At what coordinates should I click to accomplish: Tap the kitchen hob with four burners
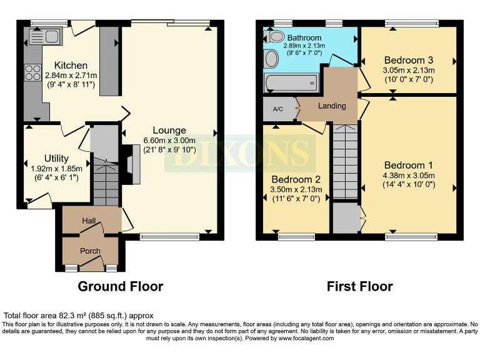[x=32, y=74]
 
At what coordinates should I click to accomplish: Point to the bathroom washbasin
[x=271, y=59]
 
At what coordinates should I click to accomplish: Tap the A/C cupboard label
[x=278, y=109]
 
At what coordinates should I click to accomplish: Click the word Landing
[x=332, y=106]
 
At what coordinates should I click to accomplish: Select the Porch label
[x=90, y=251]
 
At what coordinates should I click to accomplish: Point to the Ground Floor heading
[x=120, y=287]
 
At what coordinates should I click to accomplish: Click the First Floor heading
[x=359, y=287]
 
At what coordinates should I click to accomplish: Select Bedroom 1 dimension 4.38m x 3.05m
[x=409, y=176]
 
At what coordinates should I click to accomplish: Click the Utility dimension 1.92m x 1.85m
[x=56, y=168]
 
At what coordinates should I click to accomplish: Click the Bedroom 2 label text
[x=296, y=179]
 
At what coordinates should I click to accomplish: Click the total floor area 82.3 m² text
[x=78, y=316]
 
